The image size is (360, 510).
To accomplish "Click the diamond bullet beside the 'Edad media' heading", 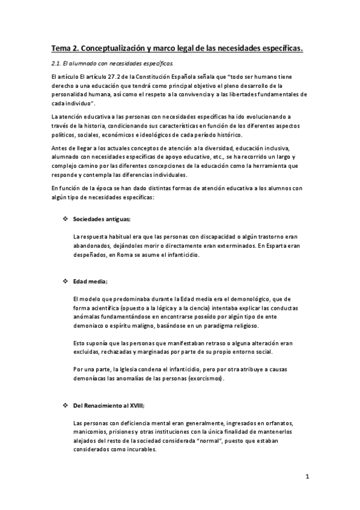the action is pyautogui.click(x=65, y=281).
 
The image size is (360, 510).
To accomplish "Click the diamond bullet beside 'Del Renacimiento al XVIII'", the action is pyautogui.click(x=65, y=406).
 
